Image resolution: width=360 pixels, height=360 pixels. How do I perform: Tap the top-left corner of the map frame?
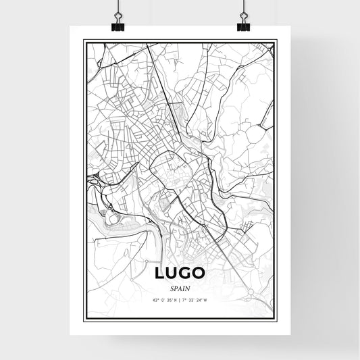coord(84,41)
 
